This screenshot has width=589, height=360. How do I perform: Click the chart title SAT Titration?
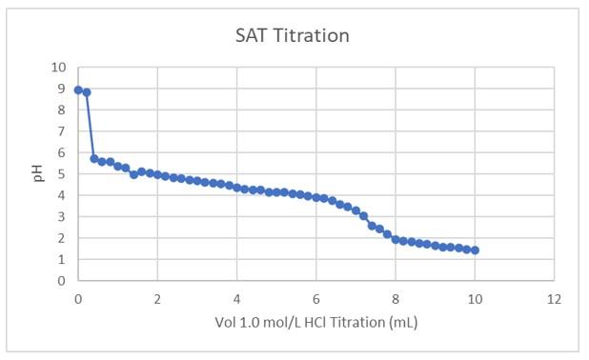pyautogui.click(x=293, y=36)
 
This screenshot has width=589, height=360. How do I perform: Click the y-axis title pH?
pyautogui.click(x=38, y=174)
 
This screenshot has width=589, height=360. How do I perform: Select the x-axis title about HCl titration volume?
pyautogui.click(x=316, y=322)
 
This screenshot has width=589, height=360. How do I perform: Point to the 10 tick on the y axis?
pyautogui.click(x=59, y=68)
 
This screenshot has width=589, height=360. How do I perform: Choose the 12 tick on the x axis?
pyautogui.click(x=554, y=298)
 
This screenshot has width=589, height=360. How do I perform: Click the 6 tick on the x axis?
pyautogui.click(x=316, y=298)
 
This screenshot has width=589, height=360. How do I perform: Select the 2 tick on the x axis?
pyautogui.click(x=157, y=298)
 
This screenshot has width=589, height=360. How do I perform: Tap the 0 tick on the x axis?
pyautogui.click(x=78, y=298)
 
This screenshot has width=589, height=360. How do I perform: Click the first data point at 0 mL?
pyautogui.click(x=78, y=90)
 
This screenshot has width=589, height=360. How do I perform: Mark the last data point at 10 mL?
pyautogui.click(x=475, y=250)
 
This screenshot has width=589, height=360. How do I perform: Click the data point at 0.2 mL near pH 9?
pyautogui.click(x=87, y=92)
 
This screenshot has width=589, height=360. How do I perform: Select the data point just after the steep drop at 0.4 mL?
pyautogui.click(x=94, y=159)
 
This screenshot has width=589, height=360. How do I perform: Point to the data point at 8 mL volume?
pyautogui.click(x=396, y=239)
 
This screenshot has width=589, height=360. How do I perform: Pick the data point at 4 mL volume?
pyautogui.click(x=237, y=188)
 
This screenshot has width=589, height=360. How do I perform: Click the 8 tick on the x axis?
pyautogui.click(x=396, y=298)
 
